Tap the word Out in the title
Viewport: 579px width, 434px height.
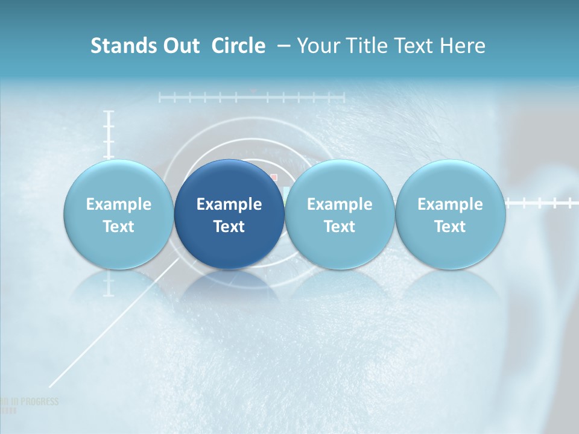[182, 46]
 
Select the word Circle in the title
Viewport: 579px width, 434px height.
[238, 46]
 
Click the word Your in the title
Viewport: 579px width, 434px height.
[318, 46]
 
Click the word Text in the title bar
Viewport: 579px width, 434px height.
[413, 46]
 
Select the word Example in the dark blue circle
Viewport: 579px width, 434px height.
[229, 204]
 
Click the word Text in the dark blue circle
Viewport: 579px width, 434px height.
[229, 227]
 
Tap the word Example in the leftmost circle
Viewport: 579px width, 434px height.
[119, 204]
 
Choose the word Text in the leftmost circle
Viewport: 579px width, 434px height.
[119, 227]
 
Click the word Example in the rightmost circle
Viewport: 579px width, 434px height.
[450, 204]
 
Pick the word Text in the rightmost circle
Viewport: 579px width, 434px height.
[450, 227]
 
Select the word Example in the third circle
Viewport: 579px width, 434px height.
[340, 204]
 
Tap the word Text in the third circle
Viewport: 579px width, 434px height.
[340, 227]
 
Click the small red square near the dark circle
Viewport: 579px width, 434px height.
[273, 177]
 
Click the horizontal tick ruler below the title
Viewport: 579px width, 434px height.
[252, 97]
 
